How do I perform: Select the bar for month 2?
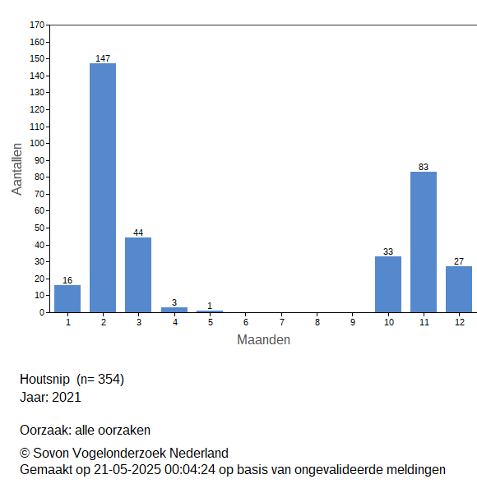pyautogui.click(x=103, y=187)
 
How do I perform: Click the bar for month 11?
pyautogui.click(x=424, y=242)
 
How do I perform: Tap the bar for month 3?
pyautogui.click(x=138, y=274)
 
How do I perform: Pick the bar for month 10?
pyautogui.click(x=388, y=284)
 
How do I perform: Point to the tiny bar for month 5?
pyautogui.click(x=210, y=311)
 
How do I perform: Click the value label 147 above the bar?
pyautogui.click(x=103, y=58)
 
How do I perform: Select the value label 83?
pyautogui.click(x=424, y=167)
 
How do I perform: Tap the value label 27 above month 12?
pyautogui.click(x=459, y=261)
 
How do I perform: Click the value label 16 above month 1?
pyautogui.click(x=67, y=280)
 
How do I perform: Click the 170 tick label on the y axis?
pyautogui.click(x=37, y=25)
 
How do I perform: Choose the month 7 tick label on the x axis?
pyautogui.click(x=282, y=322)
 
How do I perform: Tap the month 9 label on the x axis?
pyautogui.click(x=353, y=322)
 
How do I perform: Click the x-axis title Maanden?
pyautogui.click(x=263, y=340)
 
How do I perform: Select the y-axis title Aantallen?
pyautogui.click(x=17, y=169)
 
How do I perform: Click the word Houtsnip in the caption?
pyautogui.click(x=44, y=379)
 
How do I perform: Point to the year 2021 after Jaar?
pyautogui.click(x=67, y=397)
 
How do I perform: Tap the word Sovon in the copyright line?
pyautogui.click(x=51, y=453)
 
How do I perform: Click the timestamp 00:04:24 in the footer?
pyautogui.click(x=190, y=470)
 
